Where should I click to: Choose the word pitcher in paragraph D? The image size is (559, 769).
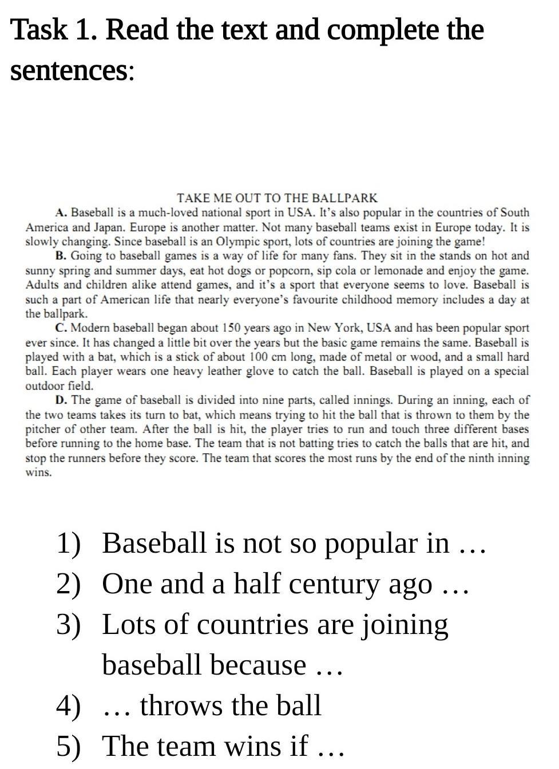pyautogui.click(x=41, y=429)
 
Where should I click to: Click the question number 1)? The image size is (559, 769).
pyautogui.click(x=69, y=543)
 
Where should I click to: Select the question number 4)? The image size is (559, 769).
pyautogui.click(x=69, y=705)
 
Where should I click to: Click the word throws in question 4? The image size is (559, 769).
pyautogui.click(x=181, y=705)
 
